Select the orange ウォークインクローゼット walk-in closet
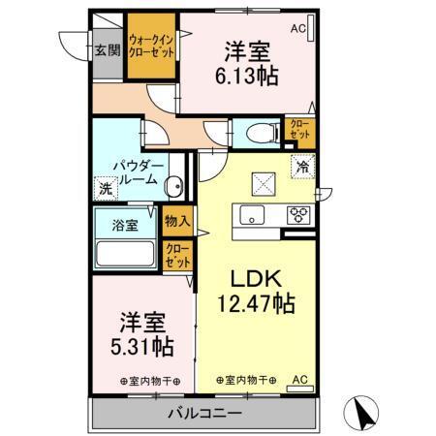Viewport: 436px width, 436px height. click(x=152, y=47)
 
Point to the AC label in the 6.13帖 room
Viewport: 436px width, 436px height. click(x=296, y=30)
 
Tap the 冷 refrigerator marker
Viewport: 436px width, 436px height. click(x=303, y=166)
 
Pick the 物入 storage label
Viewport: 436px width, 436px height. click(x=177, y=221)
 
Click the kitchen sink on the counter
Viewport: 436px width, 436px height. click(x=254, y=215)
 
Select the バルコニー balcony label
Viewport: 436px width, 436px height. click(x=202, y=415)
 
